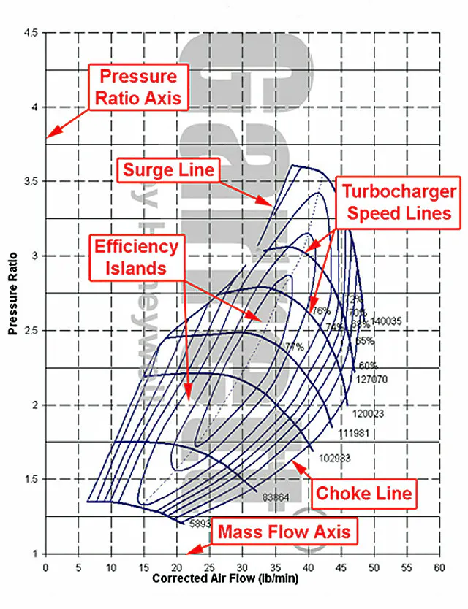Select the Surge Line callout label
point(167,170)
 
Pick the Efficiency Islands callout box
point(135,256)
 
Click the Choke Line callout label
point(363,493)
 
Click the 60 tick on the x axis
point(439,567)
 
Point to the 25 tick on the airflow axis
point(210,567)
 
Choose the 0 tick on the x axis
point(45,567)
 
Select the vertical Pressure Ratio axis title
point(13,293)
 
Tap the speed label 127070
point(371,380)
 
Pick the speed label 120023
point(368,414)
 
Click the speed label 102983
point(337,458)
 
